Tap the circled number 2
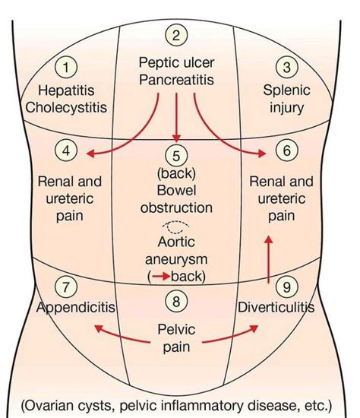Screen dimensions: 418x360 [176, 34]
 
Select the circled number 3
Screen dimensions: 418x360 [286, 68]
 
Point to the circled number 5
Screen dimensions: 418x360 [176, 156]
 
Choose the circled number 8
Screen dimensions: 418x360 [176, 302]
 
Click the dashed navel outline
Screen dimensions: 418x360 [176, 225]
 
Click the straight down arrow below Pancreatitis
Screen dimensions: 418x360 [176, 114]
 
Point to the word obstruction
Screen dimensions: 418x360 [176, 207]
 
